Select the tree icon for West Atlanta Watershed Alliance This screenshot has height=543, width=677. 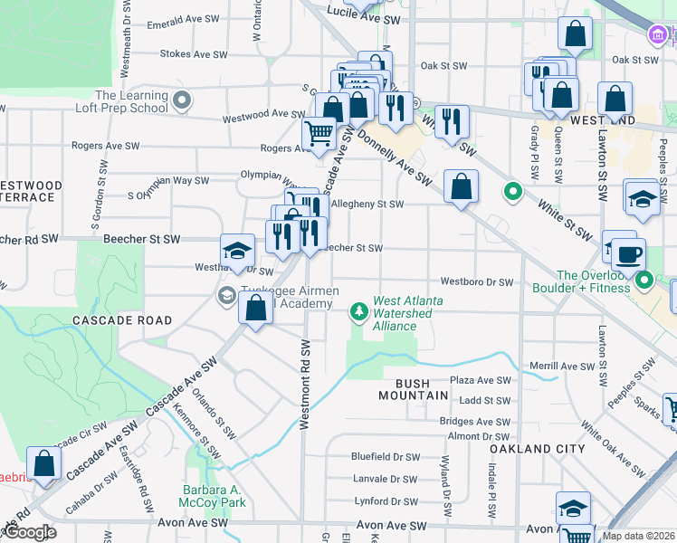click(360, 312)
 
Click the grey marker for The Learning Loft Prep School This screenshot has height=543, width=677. click(182, 100)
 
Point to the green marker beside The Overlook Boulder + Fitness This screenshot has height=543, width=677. click(644, 280)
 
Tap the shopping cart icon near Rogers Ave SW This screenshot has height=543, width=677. click(319, 134)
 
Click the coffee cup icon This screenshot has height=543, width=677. click(628, 253)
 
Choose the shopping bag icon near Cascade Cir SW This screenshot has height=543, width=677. click(43, 462)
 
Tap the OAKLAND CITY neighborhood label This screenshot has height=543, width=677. click(531, 449)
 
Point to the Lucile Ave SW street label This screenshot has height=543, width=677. click(368, 19)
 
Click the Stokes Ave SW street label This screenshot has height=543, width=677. click(194, 54)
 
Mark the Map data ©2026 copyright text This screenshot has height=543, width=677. click(638, 536)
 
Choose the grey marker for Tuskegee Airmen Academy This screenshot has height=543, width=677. click(225, 296)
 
